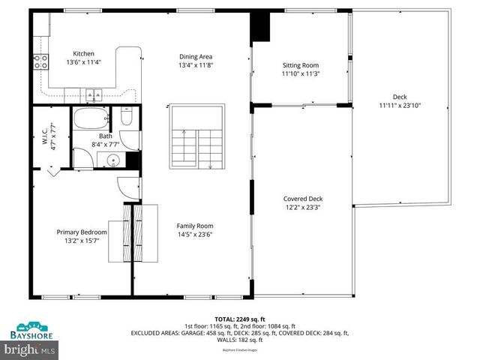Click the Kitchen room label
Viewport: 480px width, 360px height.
tap(82, 53)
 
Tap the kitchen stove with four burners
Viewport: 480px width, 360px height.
tap(40, 61)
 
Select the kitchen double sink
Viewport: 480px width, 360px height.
tap(94, 95)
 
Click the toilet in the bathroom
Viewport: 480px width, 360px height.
tap(127, 118)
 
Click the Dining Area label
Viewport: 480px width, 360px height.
tap(195, 56)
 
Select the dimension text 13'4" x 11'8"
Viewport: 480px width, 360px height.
tap(195, 65)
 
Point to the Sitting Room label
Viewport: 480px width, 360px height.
tap(300, 65)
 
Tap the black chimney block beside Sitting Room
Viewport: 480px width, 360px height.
tap(260, 28)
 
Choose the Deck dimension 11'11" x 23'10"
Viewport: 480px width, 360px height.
tap(400, 105)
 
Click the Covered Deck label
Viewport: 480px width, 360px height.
tap(303, 199)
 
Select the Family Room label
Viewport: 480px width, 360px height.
tap(195, 226)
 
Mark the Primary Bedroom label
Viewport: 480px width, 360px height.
tap(82, 232)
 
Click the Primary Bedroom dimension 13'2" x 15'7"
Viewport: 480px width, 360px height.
tap(82, 241)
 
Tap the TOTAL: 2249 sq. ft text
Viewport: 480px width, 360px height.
tap(240, 319)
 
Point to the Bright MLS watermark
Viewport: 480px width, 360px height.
tap(30, 349)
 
